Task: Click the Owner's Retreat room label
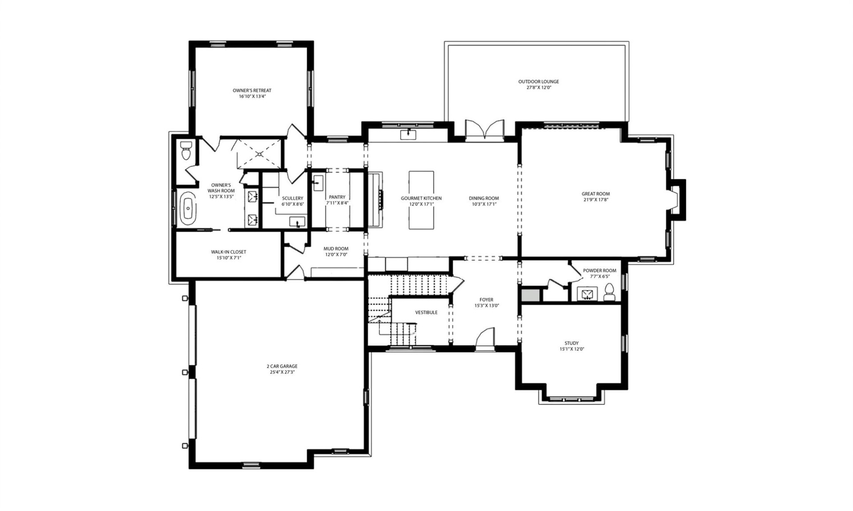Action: coord(252,91)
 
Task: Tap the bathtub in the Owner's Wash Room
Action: coord(189,208)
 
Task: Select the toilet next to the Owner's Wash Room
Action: coord(186,151)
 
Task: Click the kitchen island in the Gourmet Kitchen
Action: coord(421,200)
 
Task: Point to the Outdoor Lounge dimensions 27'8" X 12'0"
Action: coord(538,88)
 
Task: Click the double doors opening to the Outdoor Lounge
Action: coord(485,131)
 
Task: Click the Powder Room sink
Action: coord(587,293)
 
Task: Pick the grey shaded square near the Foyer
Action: coord(530,295)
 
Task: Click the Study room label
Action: coord(571,343)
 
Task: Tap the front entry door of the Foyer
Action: coord(485,340)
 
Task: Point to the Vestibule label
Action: coord(426,313)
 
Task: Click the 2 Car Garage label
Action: coord(282,366)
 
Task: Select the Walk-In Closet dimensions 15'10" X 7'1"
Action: coord(228,258)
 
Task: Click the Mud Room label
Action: coord(336,249)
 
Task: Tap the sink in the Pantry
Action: coord(318,183)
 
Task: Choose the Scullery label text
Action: coord(292,198)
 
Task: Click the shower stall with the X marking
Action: coord(259,154)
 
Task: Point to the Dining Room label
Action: coord(483,198)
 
